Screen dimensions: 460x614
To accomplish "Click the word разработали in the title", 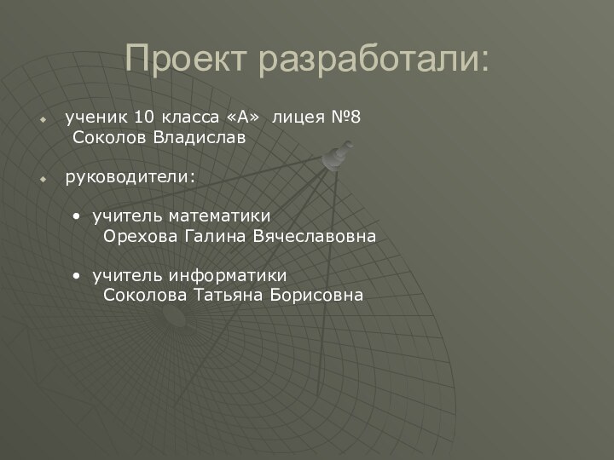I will [x=374, y=60].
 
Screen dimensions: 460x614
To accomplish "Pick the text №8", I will [x=345, y=116].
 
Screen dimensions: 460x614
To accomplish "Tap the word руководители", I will [x=130, y=177].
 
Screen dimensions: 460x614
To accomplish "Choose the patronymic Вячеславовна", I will [x=314, y=236].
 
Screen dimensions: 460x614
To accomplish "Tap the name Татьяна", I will [x=229, y=296].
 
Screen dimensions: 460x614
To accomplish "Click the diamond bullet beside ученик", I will [x=44, y=117].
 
